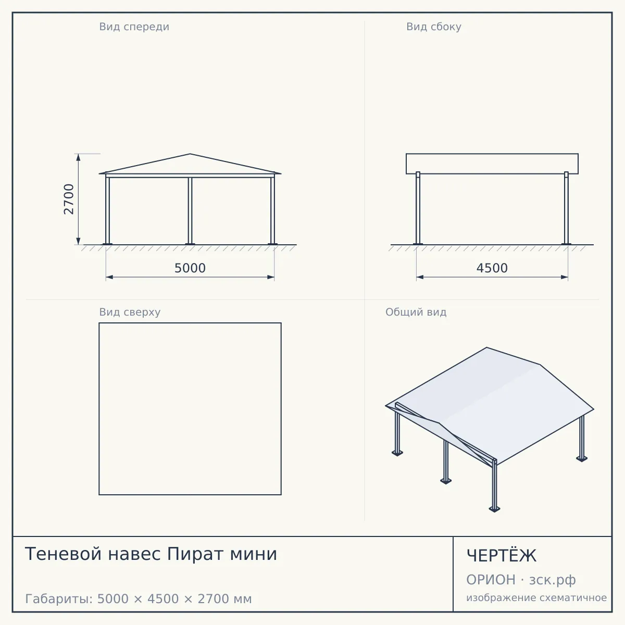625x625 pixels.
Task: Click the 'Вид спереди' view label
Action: tap(134, 27)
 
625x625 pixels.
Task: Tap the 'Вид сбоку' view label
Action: tap(434, 27)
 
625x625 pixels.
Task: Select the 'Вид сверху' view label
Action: tap(130, 312)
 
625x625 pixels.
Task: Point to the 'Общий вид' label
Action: tap(416, 312)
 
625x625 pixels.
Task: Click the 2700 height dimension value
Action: tap(69, 199)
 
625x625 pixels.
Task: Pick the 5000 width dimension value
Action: tap(190, 268)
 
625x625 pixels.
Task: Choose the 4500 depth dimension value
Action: tap(492, 268)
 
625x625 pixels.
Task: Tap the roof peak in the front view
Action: tap(190, 154)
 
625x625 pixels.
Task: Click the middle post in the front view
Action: tap(190, 211)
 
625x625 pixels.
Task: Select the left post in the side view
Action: tap(418, 208)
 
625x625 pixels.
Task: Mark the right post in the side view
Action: tap(566, 208)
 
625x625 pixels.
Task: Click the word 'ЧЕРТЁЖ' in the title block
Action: tap(502, 556)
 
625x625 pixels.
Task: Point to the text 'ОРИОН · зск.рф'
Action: tap(521, 580)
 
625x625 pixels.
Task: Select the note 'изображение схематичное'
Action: tap(536, 598)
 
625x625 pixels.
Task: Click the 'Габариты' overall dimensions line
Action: tap(139, 599)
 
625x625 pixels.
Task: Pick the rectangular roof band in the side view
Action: tap(492, 164)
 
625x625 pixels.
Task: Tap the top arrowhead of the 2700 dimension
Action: tap(78, 157)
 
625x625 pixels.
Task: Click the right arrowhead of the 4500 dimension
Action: tap(565, 277)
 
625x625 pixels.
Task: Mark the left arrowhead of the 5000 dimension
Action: tap(109, 277)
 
